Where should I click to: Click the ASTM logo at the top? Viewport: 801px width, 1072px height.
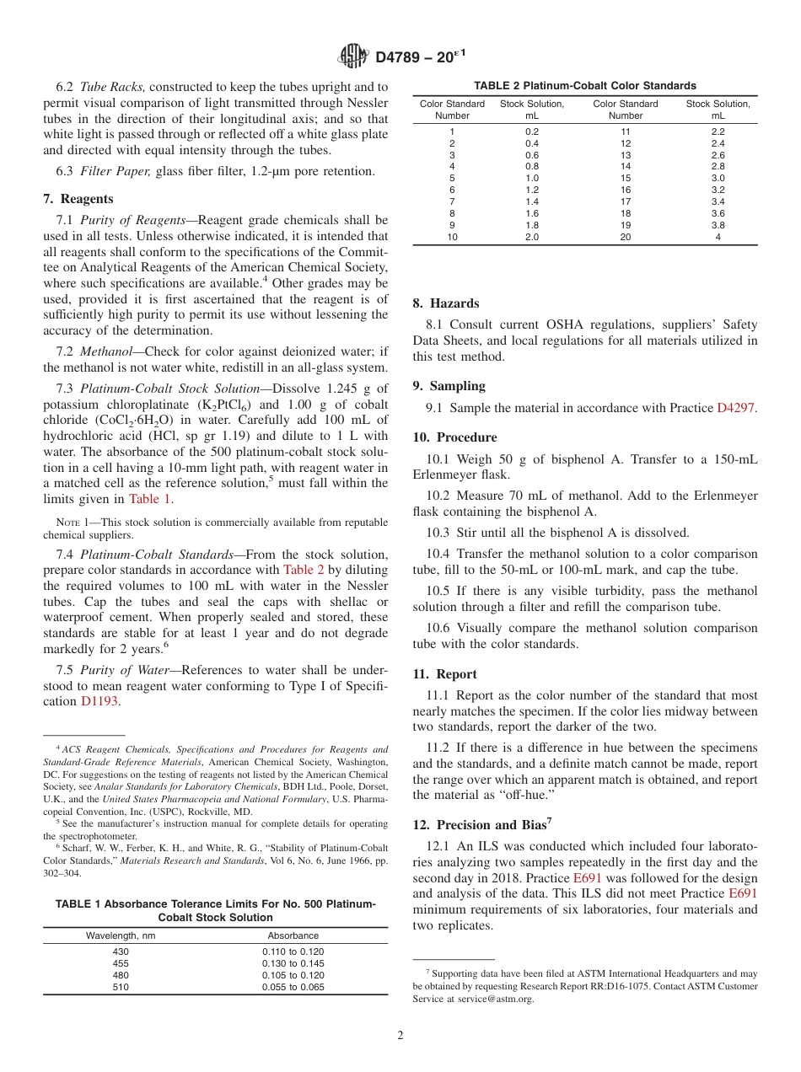[x=352, y=56]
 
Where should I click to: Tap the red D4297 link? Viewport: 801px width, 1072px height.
[x=736, y=408]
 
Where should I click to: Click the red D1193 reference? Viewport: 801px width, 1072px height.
[x=99, y=701]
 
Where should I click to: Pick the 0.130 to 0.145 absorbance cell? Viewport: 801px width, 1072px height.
[x=293, y=963]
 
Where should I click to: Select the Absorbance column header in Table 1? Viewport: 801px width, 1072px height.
[x=293, y=935]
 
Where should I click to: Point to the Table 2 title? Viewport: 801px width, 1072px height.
[x=584, y=85]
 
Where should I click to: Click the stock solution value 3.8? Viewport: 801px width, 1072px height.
[x=718, y=225]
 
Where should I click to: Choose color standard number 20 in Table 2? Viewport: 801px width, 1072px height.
[x=625, y=237]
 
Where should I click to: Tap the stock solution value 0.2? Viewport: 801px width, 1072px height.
[x=532, y=131]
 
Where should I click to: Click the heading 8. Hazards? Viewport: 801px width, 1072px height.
[x=445, y=303]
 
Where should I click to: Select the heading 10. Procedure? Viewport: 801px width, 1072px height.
[x=454, y=437]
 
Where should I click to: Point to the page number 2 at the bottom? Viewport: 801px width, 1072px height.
[x=400, y=1036]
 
